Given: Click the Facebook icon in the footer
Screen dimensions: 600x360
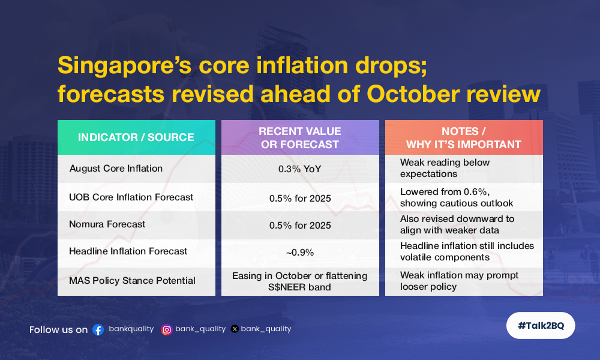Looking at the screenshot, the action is (98, 330).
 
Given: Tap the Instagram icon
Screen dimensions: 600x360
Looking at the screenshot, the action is (166, 330).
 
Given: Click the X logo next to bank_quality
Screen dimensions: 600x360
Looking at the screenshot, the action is (235, 329).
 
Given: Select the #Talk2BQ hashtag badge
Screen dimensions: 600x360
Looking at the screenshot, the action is (541, 326).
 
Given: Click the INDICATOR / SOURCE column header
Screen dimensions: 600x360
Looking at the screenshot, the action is (136, 137).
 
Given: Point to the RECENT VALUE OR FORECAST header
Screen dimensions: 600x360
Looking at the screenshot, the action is (300, 137).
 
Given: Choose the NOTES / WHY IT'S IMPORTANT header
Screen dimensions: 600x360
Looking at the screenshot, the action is (464, 137).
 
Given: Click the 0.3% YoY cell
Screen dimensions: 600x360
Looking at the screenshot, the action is (299, 169).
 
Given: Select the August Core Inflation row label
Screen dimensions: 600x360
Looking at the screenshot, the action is (116, 169).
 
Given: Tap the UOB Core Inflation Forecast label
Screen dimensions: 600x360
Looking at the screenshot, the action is (131, 197).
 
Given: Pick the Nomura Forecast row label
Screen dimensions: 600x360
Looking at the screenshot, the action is (107, 224).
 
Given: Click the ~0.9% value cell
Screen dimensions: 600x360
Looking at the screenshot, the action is (300, 253).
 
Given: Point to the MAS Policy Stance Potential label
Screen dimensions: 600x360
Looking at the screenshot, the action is (132, 281).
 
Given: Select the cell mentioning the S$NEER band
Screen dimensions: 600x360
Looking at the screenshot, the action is (299, 281).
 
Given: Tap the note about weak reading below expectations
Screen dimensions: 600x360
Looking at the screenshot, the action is (445, 168).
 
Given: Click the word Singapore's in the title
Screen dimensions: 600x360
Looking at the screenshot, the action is (124, 66).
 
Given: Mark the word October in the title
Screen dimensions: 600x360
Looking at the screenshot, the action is (413, 94).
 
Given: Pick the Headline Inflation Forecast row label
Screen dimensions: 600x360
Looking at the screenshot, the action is (128, 251).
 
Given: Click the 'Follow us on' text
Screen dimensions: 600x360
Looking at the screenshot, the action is (59, 330).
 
